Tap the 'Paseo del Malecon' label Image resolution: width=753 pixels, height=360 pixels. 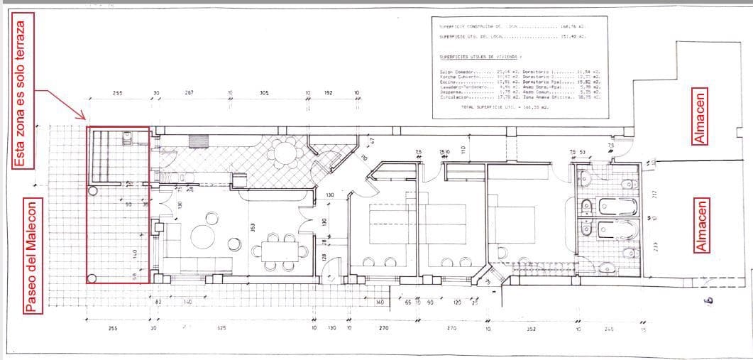(x=31, y=255)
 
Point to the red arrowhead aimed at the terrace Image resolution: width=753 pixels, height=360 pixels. (x=84, y=118)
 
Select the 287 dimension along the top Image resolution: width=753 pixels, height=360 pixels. (x=189, y=93)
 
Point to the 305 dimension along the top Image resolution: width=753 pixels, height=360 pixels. (x=263, y=93)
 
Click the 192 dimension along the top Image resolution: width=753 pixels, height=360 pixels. (x=329, y=93)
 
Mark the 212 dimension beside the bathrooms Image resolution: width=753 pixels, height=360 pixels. (x=655, y=192)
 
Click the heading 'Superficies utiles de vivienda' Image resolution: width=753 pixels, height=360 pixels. (x=480, y=55)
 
